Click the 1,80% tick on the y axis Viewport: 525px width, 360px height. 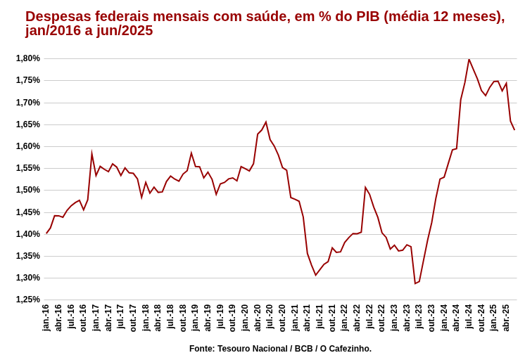click(28, 58)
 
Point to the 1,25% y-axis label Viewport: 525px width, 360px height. click(28, 300)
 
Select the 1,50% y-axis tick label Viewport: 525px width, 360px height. click(28, 190)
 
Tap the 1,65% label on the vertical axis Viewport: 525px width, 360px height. click(28, 124)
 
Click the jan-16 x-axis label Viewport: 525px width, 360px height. click(46, 318)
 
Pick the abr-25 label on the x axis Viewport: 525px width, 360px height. click(506, 318)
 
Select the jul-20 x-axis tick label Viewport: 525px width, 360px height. click(270, 318)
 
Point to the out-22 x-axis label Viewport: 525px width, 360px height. click(381, 318)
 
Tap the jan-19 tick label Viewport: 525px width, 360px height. click(195, 318)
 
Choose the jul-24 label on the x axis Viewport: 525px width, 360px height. click(469, 318)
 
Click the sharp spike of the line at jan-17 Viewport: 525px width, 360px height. click(91, 153)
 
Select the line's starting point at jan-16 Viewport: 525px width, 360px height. click(46, 233)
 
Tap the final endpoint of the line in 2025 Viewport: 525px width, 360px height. click(514, 129)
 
